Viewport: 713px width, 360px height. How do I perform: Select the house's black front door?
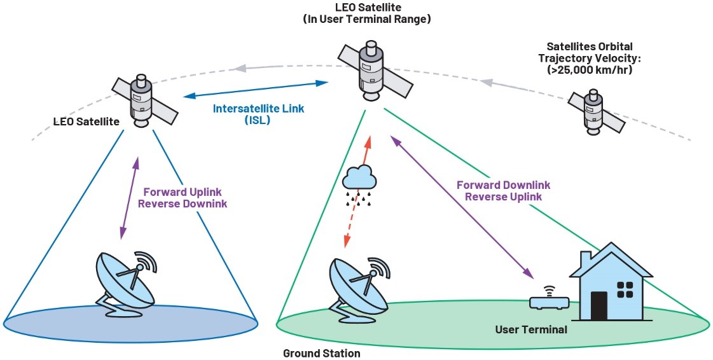tap(600, 306)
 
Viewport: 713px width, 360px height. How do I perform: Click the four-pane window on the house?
tap(625, 289)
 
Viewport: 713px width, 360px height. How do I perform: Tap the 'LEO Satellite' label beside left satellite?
tap(87, 120)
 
